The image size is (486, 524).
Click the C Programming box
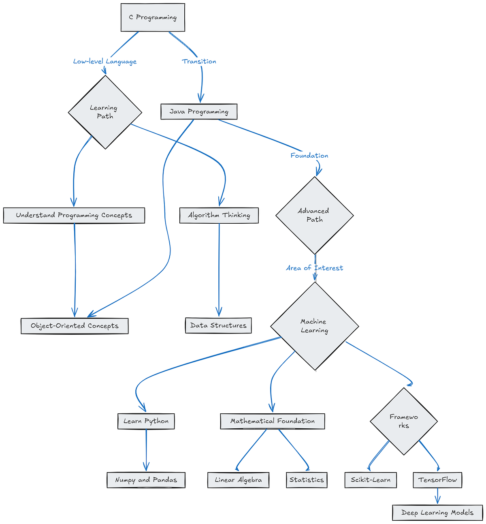tap(153, 17)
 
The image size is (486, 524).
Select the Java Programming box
tap(199, 112)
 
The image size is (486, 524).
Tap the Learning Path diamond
tap(105, 112)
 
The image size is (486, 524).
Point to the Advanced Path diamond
tap(314, 215)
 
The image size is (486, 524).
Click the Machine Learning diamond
tap(314, 326)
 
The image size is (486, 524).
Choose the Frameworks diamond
tap(403, 421)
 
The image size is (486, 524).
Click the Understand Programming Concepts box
tap(74, 215)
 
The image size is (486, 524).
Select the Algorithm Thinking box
tap(219, 215)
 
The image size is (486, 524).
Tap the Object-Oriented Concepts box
tap(75, 326)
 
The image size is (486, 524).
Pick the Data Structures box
tap(218, 325)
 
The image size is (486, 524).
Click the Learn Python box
tap(146, 421)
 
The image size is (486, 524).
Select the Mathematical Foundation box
tap(273, 421)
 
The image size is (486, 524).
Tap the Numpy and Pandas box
tap(146, 480)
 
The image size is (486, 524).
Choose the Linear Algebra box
tap(238, 480)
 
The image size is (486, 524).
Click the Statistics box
tap(307, 480)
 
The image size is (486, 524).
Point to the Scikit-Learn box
tap(371, 480)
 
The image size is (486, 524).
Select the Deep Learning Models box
tap(437, 513)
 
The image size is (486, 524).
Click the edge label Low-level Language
tap(105, 62)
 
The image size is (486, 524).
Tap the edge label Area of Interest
tap(314, 268)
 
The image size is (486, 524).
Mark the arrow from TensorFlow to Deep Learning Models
tap(437, 496)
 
